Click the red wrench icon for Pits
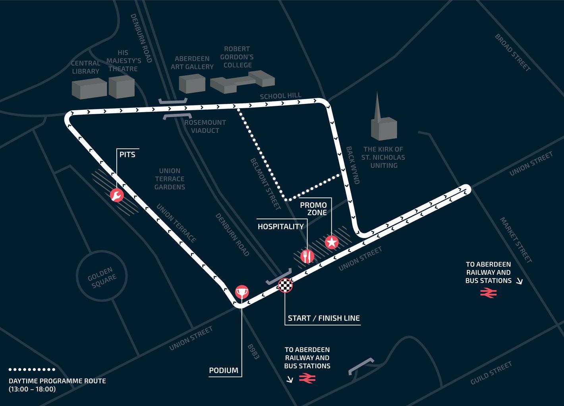(x=117, y=195)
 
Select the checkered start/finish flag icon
(x=285, y=285)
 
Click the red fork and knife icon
(x=307, y=256)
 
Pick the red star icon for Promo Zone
(x=332, y=242)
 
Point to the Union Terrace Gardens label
(x=170, y=179)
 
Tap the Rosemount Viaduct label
(x=205, y=126)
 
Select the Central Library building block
(x=89, y=88)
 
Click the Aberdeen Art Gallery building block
(x=192, y=84)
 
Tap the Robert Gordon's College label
(x=237, y=57)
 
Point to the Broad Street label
(x=512, y=52)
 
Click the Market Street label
(x=516, y=240)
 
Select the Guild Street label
(x=491, y=373)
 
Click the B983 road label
(x=253, y=351)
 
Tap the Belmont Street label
(x=265, y=184)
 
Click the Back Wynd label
(x=353, y=165)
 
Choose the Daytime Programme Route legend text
(x=57, y=385)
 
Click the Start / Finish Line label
(x=324, y=318)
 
